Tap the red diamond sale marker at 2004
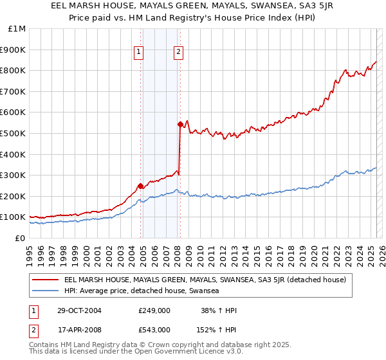[x=140, y=186]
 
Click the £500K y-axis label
[x=13, y=133]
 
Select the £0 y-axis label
[x=20, y=238]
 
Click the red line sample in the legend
[x=46, y=280]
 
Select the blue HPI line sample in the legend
[x=46, y=291]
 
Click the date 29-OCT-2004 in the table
[x=75, y=311]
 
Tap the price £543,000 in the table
[x=154, y=329]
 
